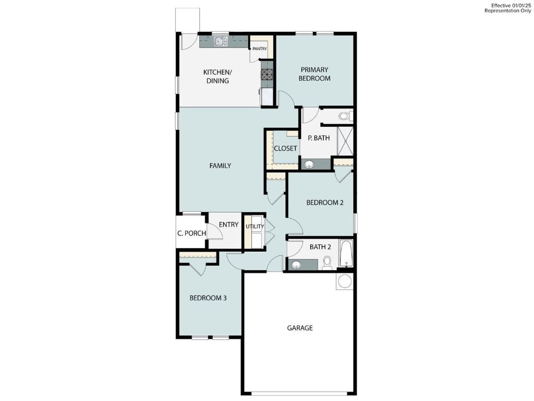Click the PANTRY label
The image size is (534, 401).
point(260,49)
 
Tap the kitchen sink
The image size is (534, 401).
point(220,41)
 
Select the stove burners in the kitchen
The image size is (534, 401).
point(267,75)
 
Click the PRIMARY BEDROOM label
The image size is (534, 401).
point(314,74)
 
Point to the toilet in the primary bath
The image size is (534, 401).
point(345,116)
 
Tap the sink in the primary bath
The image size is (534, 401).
point(309,164)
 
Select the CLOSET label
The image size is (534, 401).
point(285,148)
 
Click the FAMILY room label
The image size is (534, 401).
point(220,166)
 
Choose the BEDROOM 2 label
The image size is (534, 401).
point(324,203)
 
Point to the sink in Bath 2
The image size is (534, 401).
point(296,265)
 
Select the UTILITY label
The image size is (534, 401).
point(255,227)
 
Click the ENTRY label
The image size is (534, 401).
point(228,225)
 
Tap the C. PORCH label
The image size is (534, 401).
point(191,233)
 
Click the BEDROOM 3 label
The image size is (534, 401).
point(208,298)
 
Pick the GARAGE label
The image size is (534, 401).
point(300,328)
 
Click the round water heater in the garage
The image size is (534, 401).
point(345,281)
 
